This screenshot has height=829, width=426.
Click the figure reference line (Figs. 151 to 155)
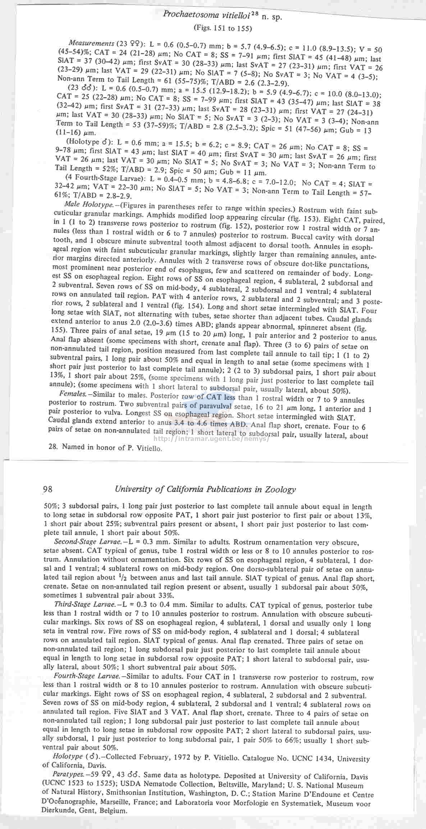pos(223,28)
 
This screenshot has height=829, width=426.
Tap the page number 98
pos(48,489)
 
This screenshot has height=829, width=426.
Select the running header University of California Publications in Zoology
pos(205,489)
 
